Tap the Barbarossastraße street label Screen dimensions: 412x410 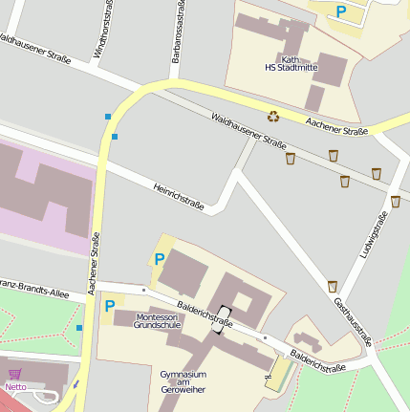coord(179,32)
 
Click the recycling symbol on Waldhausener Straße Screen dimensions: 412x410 coord(273,116)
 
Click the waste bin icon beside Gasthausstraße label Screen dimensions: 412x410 coord(333,286)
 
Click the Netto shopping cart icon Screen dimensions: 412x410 coord(14,374)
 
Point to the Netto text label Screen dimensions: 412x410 coord(15,387)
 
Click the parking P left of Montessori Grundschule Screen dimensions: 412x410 coord(110,306)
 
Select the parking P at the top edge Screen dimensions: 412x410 coord(341,11)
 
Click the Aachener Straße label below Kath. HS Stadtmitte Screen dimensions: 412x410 coord(336,125)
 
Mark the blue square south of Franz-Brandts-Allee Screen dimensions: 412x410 coord(79,328)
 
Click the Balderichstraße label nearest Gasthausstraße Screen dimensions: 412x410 coord(317,361)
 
